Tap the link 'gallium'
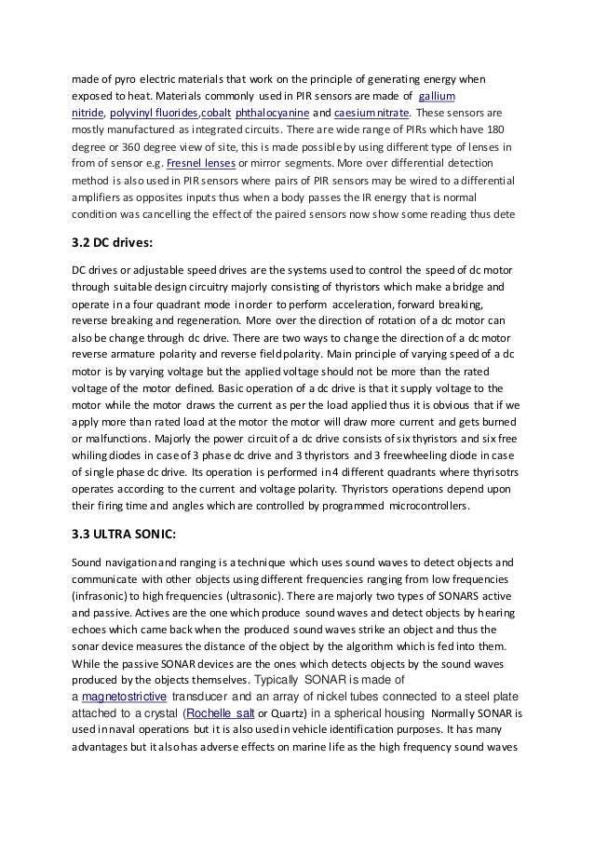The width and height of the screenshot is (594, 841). (436, 96)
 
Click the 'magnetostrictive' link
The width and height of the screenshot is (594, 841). (124, 696)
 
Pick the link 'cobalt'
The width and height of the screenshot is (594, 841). (209, 113)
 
